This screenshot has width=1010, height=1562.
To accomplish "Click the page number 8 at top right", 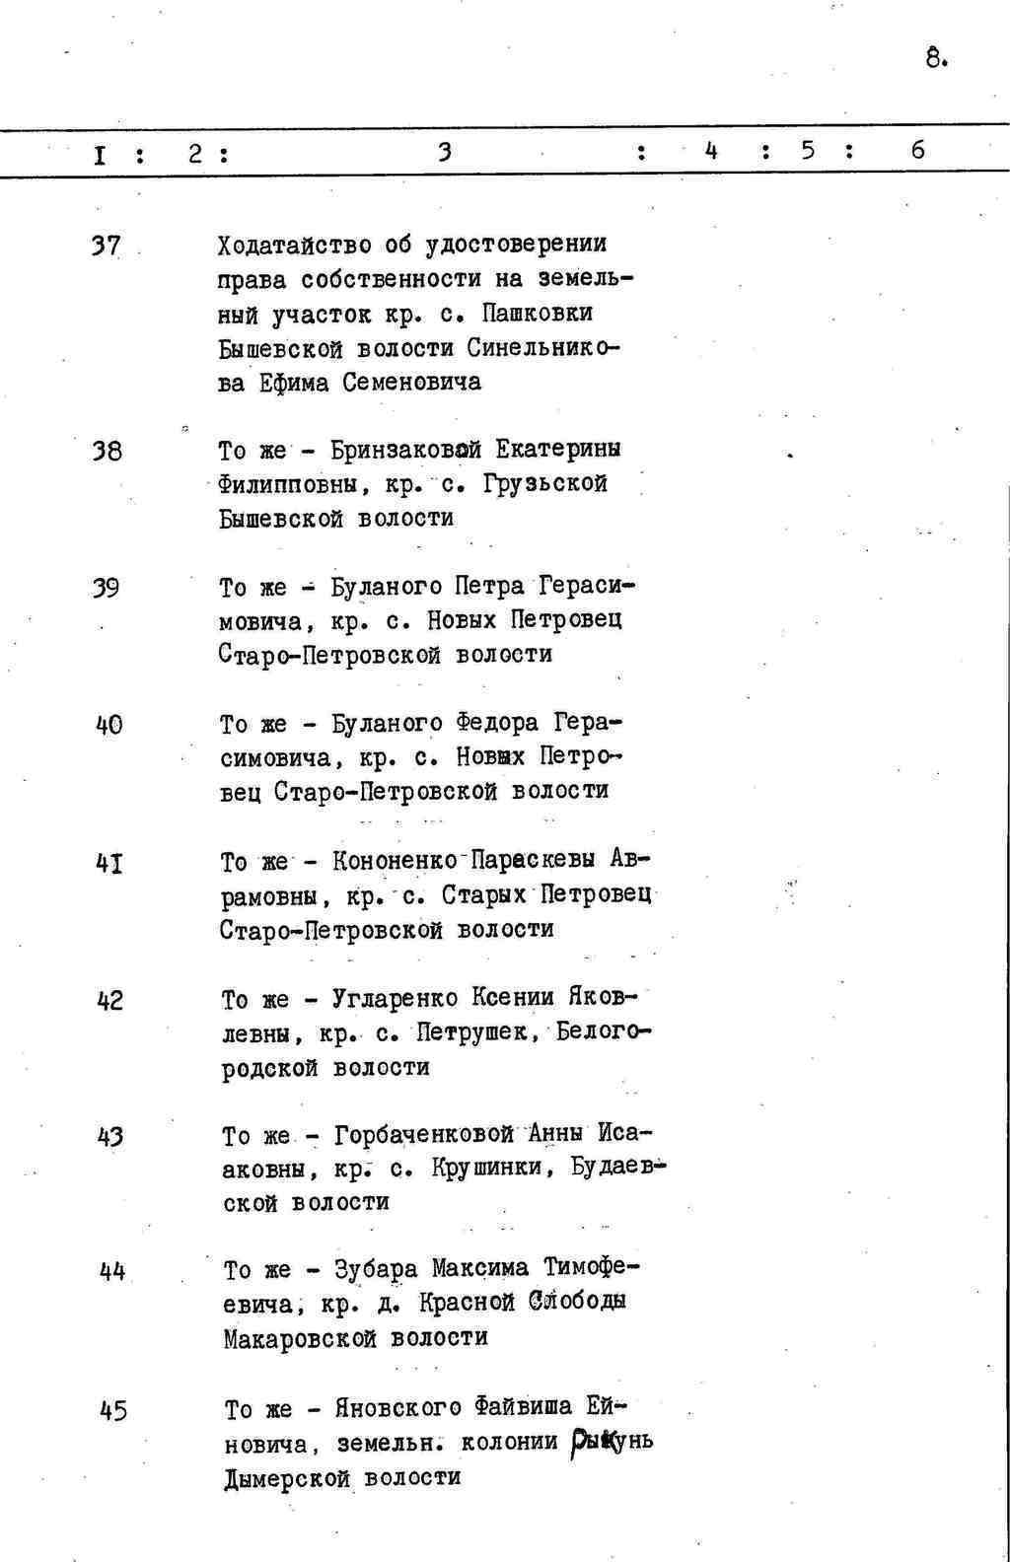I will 934,58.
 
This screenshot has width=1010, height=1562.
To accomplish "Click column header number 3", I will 445,151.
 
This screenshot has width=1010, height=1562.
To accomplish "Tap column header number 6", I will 918,150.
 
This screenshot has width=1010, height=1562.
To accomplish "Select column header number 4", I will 711,151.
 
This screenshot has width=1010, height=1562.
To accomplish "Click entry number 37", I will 106,246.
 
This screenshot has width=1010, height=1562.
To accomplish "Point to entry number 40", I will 108,725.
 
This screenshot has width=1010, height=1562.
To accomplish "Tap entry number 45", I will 113,1411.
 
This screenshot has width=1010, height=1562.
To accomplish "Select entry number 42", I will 110,1001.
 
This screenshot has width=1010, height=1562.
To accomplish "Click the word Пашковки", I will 539,314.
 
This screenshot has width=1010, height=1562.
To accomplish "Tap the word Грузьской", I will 545,484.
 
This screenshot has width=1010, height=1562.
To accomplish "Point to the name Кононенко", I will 395,860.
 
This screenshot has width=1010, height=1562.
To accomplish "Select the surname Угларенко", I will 396,998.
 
